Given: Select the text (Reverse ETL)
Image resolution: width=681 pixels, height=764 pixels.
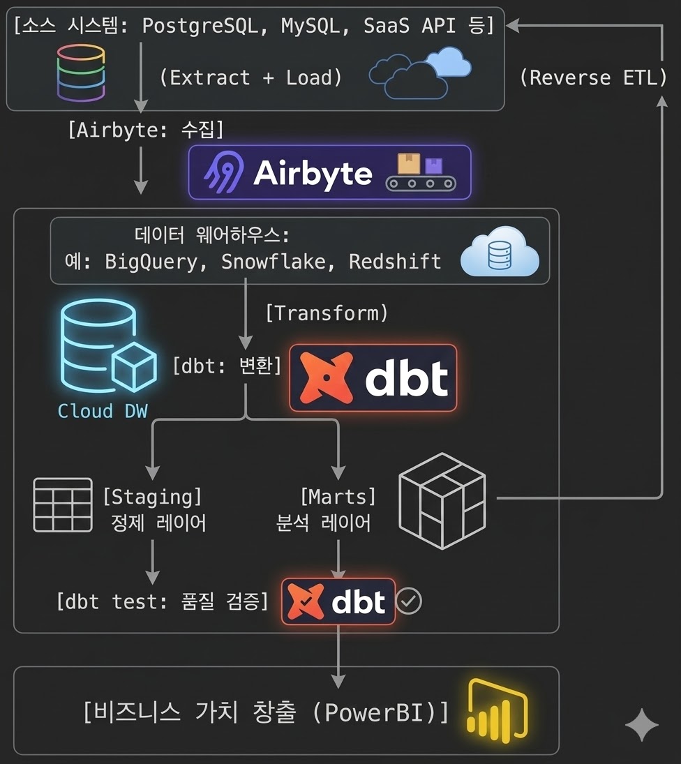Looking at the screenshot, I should tap(593, 77).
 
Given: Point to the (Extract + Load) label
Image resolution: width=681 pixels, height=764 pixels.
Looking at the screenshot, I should tap(251, 77).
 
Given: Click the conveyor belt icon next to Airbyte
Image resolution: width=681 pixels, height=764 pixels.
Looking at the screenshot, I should tap(420, 172).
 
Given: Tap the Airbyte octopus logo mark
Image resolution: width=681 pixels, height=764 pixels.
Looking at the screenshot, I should tap(222, 172).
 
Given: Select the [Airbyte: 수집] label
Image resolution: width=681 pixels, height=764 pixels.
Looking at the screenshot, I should tap(145, 130).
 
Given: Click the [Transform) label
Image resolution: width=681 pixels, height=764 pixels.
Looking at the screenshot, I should tap(326, 313).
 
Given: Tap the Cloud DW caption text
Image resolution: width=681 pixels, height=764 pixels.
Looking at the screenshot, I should tap(103, 411).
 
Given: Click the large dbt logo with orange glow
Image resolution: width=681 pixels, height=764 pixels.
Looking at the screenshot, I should tap(373, 377).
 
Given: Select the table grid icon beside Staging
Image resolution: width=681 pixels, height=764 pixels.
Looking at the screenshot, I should tap(63, 504).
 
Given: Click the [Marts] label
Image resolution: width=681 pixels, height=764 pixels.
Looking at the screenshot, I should tap(338, 497).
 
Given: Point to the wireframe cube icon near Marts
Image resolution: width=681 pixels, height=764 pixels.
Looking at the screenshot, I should tap(442, 500).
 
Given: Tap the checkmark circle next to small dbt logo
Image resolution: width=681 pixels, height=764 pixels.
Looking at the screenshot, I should tap(409, 601).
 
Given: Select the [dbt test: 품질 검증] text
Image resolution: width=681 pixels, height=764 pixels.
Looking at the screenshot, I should tap(162, 601).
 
